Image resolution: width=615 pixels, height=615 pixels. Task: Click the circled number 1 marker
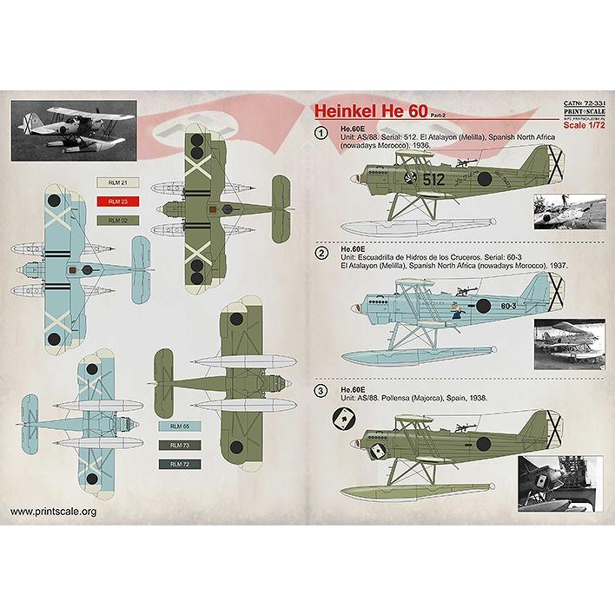[322, 134]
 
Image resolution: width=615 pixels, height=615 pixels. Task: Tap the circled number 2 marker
[322, 253]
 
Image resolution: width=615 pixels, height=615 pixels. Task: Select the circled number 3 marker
[322, 391]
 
